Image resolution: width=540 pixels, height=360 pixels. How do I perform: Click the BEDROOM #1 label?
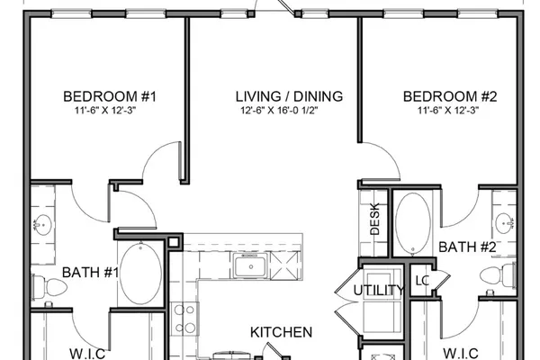(110, 96)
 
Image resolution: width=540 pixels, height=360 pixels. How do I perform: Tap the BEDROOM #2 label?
(450, 96)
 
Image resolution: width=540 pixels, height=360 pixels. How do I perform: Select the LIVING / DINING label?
(289, 96)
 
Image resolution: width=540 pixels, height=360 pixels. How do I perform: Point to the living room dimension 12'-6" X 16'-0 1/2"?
(279, 111)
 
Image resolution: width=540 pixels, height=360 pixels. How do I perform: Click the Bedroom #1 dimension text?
(105, 111)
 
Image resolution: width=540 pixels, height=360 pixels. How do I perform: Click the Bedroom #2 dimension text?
(448, 111)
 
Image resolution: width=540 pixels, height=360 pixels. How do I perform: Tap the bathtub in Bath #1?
(140, 274)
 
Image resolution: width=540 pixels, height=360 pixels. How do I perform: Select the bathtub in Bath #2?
(413, 223)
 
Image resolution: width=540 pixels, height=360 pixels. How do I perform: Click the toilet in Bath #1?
(49, 287)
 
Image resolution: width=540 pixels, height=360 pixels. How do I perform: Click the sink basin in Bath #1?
(42, 225)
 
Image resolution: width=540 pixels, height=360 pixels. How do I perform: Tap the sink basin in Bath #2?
(505, 223)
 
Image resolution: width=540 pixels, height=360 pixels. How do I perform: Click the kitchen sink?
(250, 265)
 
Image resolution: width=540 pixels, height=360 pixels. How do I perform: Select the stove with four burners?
(184, 319)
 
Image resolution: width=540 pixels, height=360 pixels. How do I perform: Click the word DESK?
(374, 219)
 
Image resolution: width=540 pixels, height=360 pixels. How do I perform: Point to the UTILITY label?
(379, 291)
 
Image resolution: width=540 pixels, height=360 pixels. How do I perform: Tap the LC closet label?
(422, 281)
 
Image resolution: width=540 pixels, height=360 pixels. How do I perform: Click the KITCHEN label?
(282, 332)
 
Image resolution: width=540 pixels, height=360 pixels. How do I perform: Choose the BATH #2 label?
(467, 247)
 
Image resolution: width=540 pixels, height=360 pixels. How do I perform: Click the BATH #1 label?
(90, 273)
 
